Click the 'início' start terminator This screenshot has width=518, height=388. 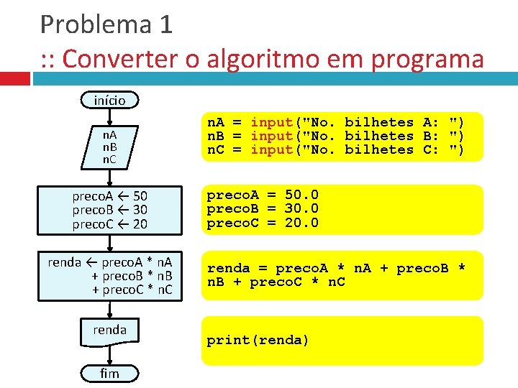[109, 100]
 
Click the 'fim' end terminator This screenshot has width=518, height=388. [109, 373]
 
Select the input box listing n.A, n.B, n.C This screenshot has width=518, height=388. [109, 146]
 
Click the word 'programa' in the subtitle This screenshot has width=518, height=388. [427, 59]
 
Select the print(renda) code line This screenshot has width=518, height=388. [258, 340]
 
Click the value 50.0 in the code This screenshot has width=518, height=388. [302, 195]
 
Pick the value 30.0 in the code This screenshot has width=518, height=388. [302, 208]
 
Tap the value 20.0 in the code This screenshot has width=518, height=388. [302, 223]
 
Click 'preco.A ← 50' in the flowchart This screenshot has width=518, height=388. [109, 195]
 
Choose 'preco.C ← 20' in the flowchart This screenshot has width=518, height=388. [109, 223]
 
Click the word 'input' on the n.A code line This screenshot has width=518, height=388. [271, 122]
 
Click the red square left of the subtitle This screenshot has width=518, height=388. [15, 78]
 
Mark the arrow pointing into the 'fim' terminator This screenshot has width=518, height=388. [109, 359]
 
